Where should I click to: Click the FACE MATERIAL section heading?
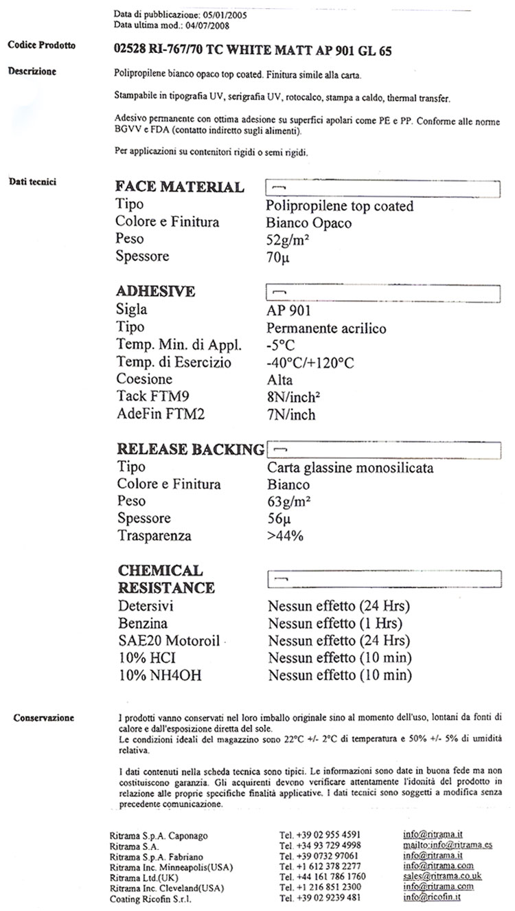[x=180, y=187]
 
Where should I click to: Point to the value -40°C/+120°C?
[x=310, y=363]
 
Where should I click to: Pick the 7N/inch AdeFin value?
[x=291, y=414]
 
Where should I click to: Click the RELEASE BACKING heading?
[x=190, y=449]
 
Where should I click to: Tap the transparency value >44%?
[x=285, y=536]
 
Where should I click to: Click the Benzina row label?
[x=142, y=625]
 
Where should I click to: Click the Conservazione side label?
[x=44, y=718]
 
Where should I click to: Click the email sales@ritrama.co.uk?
[x=442, y=876]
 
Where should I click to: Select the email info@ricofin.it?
[x=432, y=897]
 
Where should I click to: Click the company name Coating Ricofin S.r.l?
[x=150, y=898]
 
